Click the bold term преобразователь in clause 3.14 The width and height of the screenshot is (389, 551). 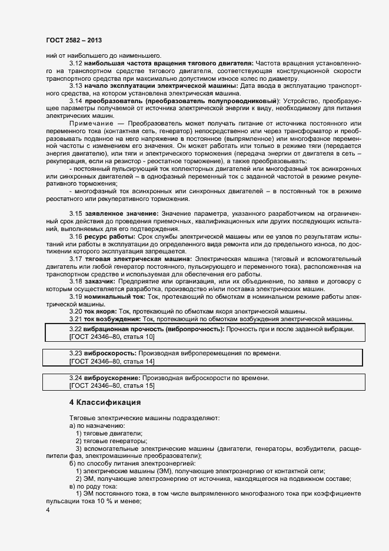pyautogui.click(x=109, y=101)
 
